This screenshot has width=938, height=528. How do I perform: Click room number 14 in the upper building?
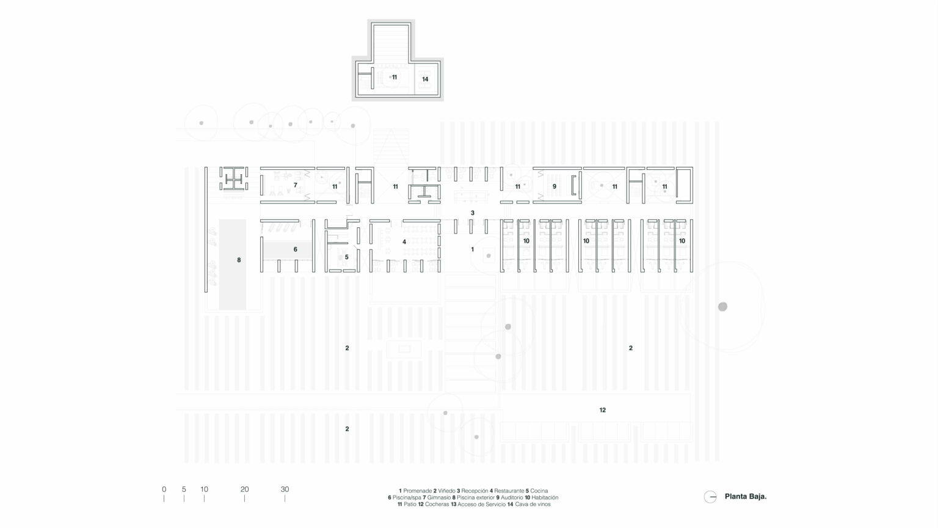[425, 79]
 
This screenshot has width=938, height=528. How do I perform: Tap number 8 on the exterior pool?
[239, 260]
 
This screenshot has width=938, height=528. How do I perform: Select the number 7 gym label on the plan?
[295, 185]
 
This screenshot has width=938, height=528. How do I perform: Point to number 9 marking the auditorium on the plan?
[554, 186]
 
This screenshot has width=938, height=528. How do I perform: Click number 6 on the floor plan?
[295, 249]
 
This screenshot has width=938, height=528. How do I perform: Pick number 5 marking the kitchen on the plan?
[346, 257]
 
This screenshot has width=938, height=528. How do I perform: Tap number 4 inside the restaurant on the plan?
[404, 242]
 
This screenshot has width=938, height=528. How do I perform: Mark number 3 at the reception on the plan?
[472, 213]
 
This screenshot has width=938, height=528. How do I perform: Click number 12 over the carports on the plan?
[603, 409]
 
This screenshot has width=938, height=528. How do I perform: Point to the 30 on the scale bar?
[285, 489]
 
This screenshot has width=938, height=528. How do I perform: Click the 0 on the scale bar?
[164, 489]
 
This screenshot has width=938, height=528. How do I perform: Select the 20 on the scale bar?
[244, 489]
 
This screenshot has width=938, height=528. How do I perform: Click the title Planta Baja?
[745, 497]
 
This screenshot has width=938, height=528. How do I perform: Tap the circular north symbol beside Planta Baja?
[710, 497]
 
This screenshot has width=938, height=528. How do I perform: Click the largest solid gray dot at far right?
[722, 306]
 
